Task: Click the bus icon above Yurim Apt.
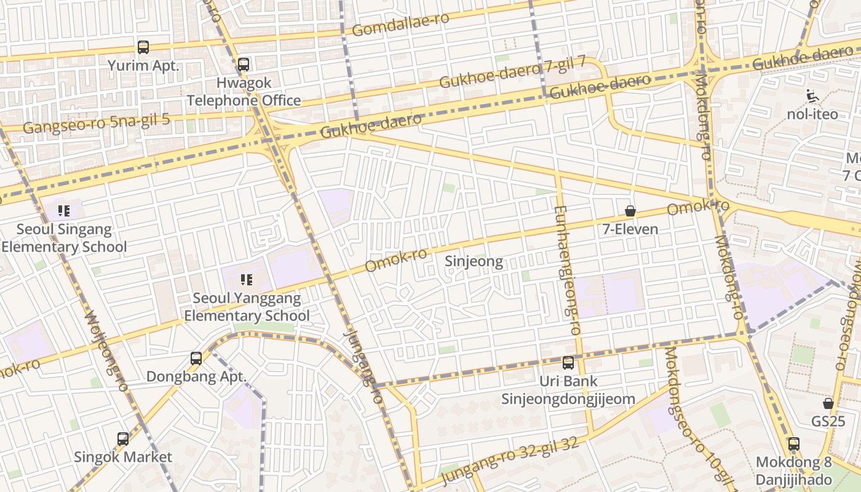[x=143, y=47]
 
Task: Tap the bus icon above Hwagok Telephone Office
[x=244, y=64]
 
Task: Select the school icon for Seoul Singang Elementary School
[x=64, y=212]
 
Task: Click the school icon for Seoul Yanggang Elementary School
[x=247, y=280]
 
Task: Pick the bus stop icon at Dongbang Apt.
[x=196, y=358]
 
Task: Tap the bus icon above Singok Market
[x=123, y=439]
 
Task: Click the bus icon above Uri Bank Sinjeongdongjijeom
[x=568, y=363]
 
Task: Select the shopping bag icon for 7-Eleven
[x=630, y=211]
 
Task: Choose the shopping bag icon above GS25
[x=828, y=403]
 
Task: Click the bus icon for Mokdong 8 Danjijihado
[x=794, y=444]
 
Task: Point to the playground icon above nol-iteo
[x=812, y=96]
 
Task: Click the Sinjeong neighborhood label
[x=474, y=262]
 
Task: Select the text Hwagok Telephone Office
[x=244, y=92]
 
